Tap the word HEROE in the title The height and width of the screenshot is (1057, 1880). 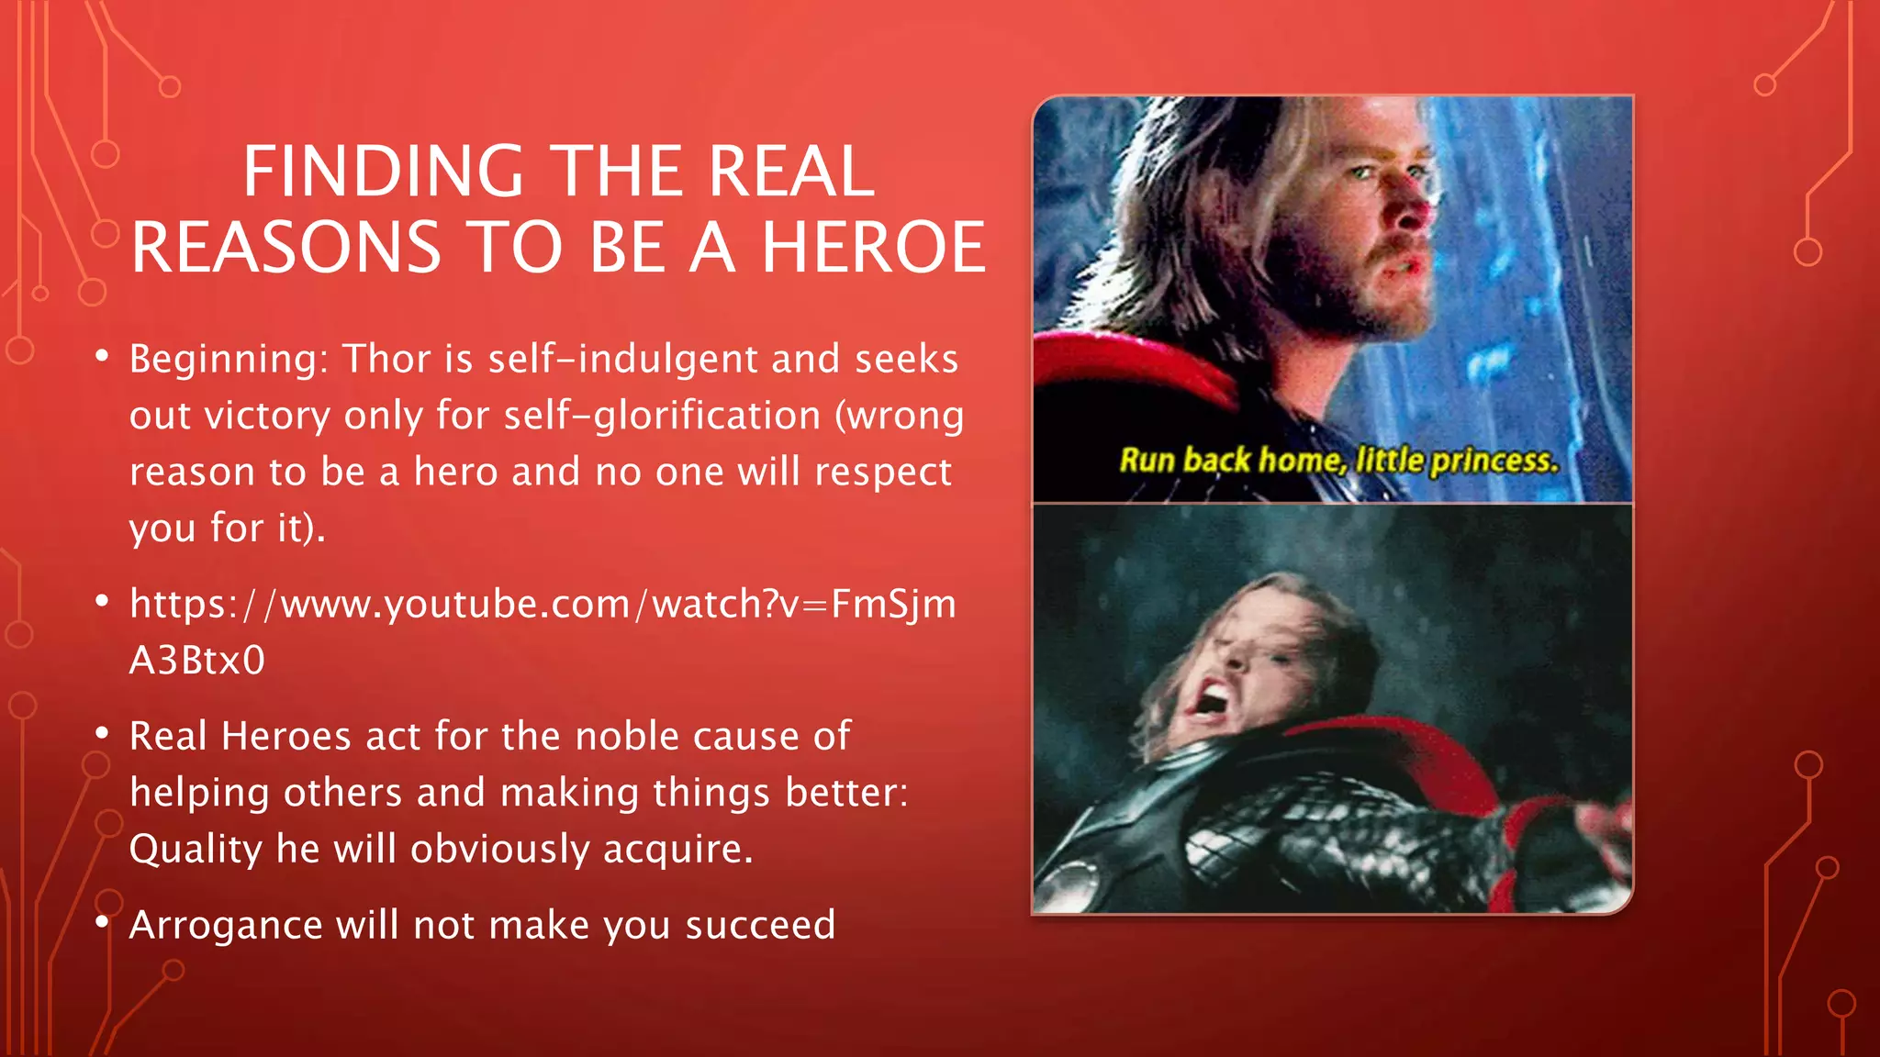click(873, 248)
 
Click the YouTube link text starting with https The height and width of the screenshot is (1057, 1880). click(542, 605)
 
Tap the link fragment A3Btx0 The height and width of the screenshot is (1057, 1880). click(196, 661)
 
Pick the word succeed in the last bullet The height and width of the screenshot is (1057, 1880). click(760, 925)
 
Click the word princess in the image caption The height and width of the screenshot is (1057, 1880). click(1494, 461)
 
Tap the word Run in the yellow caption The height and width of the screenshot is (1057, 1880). click(1147, 460)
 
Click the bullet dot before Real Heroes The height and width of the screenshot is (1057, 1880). click(102, 734)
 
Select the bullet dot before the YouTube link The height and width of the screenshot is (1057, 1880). click(102, 602)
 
